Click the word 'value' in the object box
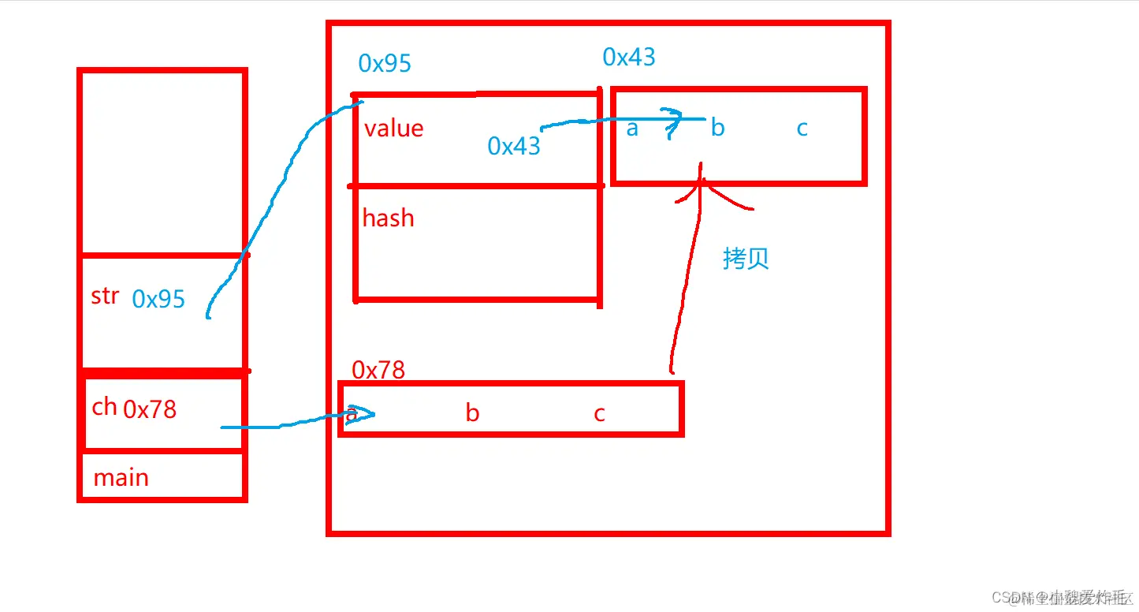(x=393, y=129)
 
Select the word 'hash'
(x=388, y=218)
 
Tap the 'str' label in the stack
(x=105, y=297)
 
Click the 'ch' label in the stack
(x=104, y=407)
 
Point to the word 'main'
(x=121, y=478)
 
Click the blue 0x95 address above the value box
(x=385, y=63)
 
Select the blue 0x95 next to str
(x=158, y=299)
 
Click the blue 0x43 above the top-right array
(x=629, y=57)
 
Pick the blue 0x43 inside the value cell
(x=514, y=146)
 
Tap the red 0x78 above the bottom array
(x=378, y=370)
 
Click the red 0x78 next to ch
(x=150, y=409)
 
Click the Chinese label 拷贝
(x=746, y=259)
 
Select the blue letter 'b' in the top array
(x=717, y=128)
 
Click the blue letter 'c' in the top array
(x=802, y=129)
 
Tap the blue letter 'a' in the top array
(x=632, y=129)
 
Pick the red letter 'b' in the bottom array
(x=472, y=413)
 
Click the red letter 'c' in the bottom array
(x=599, y=413)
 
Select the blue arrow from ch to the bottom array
(x=292, y=424)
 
